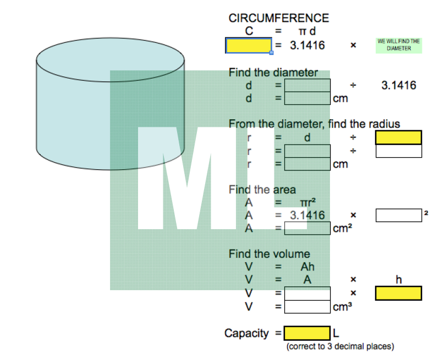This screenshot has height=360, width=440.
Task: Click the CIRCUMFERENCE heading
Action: [x=279, y=18]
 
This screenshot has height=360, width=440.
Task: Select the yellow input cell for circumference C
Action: [x=249, y=46]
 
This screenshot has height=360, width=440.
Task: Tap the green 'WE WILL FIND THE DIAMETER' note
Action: [x=399, y=45]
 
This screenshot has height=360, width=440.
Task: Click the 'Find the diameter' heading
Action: [x=273, y=73]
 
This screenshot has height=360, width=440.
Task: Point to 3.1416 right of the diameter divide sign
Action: [x=399, y=85]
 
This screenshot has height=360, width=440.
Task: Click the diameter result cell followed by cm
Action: [x=307, y=98]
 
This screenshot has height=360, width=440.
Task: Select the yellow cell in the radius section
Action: [x=399, y=137]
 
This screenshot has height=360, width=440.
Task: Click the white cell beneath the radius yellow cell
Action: [x=399, y=151]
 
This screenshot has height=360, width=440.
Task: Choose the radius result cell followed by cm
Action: [x=307, y=164]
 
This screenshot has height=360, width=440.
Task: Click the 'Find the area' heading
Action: [x=257, y=190]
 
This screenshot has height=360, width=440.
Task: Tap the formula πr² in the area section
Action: [x=307, y=203]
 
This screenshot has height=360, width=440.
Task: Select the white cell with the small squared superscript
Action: [x=399, y=215]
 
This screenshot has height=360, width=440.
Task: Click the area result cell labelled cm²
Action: [x=307, y=229]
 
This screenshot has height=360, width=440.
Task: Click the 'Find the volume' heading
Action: [x=269, y=254]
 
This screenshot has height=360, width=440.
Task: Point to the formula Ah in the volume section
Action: [x=307, y=267]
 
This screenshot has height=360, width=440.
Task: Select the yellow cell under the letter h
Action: [x=399, y=293]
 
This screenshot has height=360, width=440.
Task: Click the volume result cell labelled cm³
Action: [x=307, y=307]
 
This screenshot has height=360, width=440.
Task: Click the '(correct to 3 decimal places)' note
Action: [x=340, y=346]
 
